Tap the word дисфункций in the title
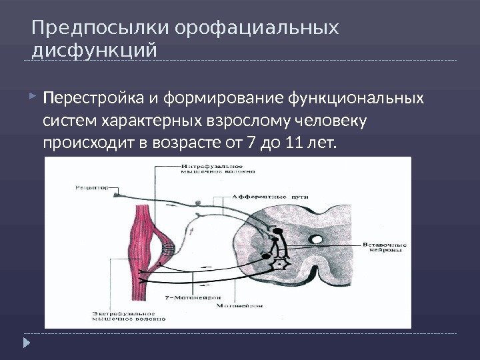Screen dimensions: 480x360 coord(94,51)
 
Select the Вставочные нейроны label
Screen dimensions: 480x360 coord(385,247)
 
